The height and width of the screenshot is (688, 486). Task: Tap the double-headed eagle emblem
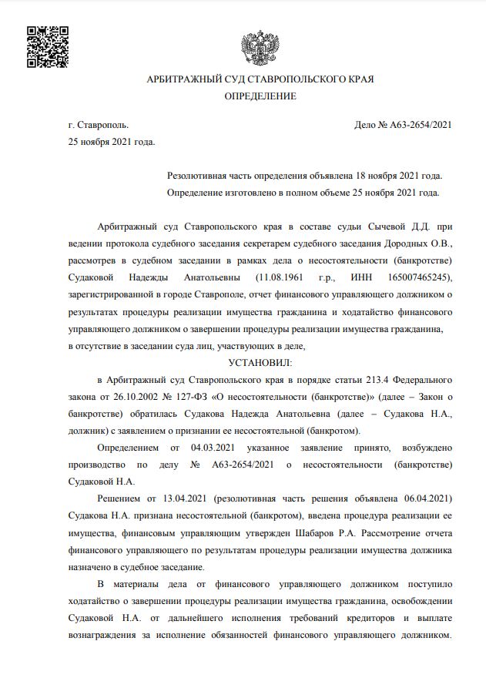coord(256,48)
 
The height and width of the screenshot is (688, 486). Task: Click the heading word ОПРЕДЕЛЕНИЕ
coord(260,96)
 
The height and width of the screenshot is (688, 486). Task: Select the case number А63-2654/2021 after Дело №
coord(421,125)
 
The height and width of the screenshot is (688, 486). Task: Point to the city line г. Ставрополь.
coord(99,125)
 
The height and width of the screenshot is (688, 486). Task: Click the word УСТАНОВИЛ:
coord(261,361)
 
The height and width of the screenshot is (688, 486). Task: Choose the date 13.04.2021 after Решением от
coord(183,498)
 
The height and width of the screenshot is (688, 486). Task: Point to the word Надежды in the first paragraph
coord(156,277)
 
